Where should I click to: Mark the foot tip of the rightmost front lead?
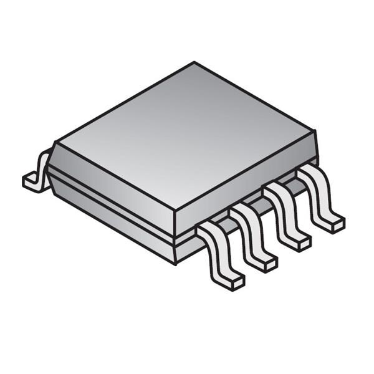(336, 224)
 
